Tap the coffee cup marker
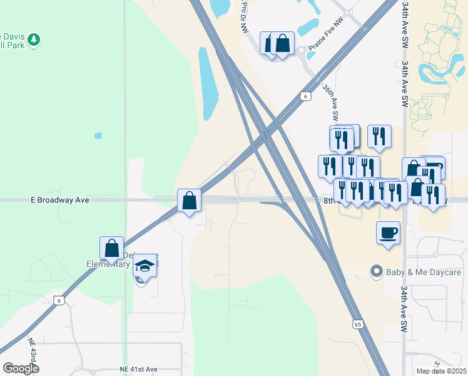388,232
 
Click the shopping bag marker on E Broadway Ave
189,201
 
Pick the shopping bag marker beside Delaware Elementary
112,248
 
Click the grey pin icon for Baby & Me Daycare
376,272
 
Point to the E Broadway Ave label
59,200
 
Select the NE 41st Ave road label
138,370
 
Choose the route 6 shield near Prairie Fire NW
305,96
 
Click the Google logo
21,368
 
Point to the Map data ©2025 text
440,371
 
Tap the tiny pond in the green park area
98,135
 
